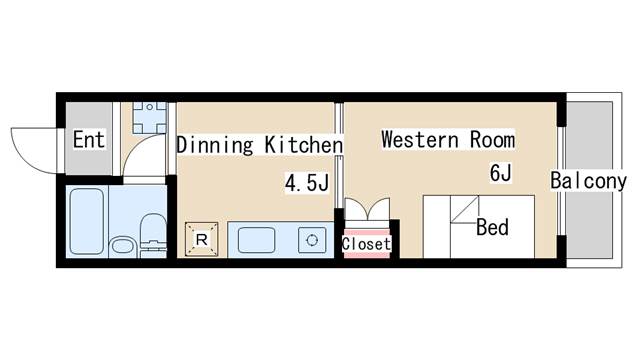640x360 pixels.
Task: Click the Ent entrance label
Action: pyautogui.click(x=89, y=140)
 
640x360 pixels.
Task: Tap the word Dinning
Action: pyautogui.click(x=215, y=145)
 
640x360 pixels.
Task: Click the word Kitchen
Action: pyautogui.click(x=304, y=144)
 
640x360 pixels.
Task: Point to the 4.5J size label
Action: pyautogui.click(x=307, y=182)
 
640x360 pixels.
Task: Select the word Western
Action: pyautogui.click(x=420, y=140)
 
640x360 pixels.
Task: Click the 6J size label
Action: pyautogui.click(x=500, y=172)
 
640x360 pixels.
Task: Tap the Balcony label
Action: pyautogui.click(x=588, y=181)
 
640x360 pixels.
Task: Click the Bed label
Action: pyautogui.click(x=492, y=227)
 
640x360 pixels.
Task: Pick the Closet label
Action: pyautogui.click(x=366, y=244)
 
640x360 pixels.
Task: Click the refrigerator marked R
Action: pyautogui.click(x=201, y=240)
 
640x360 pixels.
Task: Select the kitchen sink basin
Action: pyautogui.click(x=256, y=240)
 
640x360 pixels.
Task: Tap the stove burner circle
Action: pyautogui.click(x=312, y=240)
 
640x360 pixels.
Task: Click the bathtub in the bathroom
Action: pyautogui.click(x=87, y=221)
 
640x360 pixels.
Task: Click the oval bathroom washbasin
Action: pyautogui.click(x=122, y=246)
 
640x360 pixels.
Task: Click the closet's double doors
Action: pyautogui.click(x=367, y=209)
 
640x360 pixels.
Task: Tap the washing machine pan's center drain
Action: pyautogui.click(x=150, y=107)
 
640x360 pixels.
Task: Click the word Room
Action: pyautogui.click(x=492, y=140)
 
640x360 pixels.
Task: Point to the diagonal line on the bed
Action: pyautogui.click(x=464, y=209)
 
